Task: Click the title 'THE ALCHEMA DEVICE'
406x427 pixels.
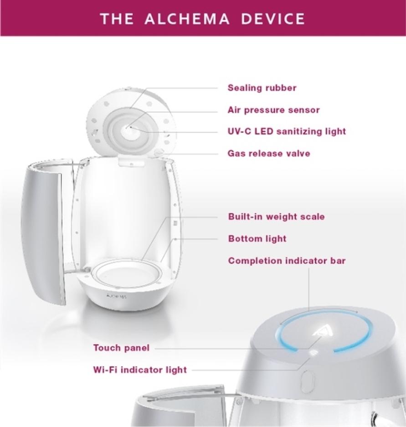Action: click(x=202, y=19)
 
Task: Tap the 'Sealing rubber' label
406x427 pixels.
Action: click(x=262, y=88)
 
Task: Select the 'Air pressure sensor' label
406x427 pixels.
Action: click(x=273, y=110)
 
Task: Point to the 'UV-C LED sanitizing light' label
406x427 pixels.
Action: click(x=287, y=132)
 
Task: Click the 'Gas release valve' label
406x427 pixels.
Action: click(x=268, y=154)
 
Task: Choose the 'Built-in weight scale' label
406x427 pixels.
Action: click(x=276, y=216)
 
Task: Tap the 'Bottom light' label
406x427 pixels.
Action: click(x=257, y=239)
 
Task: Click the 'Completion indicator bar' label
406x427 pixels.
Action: click(x=287, y=261)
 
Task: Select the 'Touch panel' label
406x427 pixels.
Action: click(x=121, y=348)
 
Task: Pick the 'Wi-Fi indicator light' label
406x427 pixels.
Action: click(x=140, y=370)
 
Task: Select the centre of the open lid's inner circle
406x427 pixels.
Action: click(x=129, y=128)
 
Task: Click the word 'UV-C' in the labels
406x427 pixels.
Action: click(x=239, y=132)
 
